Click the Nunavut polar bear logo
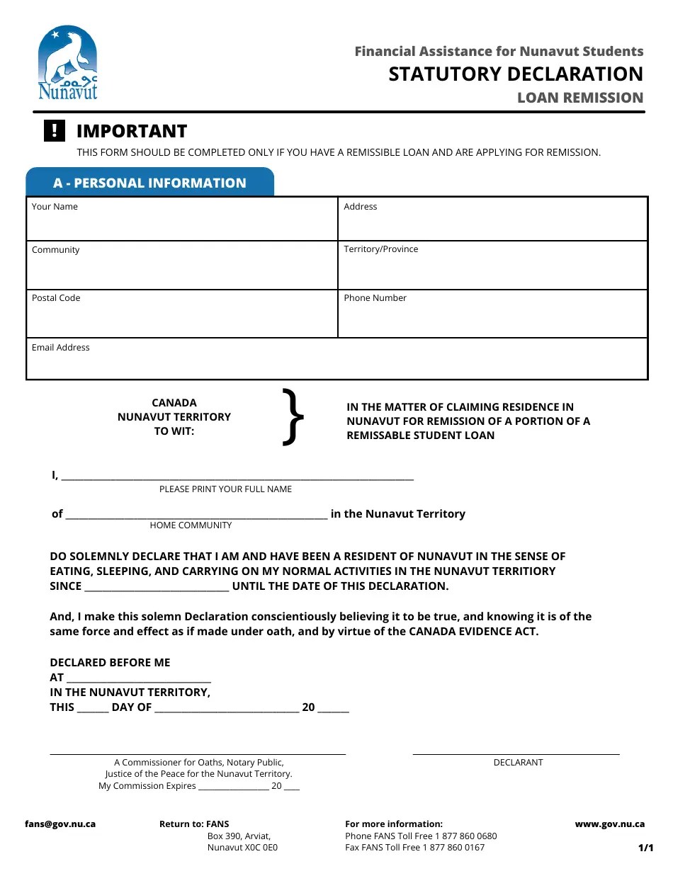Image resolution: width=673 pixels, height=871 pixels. tap(67, 64)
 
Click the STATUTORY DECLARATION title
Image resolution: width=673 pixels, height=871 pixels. tap(515, 74)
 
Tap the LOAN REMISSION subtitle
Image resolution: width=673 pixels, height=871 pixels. tap(579, 98)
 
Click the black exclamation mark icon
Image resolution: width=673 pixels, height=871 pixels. tap(55, 131)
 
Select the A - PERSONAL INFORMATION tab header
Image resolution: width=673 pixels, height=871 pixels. tap(149, 183)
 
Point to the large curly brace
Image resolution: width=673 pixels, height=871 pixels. tap(293, 417)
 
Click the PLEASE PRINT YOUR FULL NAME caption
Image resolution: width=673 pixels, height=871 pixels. tap(225, 489)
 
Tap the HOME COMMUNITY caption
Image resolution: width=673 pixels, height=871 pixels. tap(191, 525)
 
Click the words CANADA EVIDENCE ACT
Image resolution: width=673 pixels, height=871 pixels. tap(473, 632)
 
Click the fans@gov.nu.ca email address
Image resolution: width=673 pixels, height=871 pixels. tap(60, 824)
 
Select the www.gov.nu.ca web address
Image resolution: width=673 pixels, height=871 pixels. tap(609, 824)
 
